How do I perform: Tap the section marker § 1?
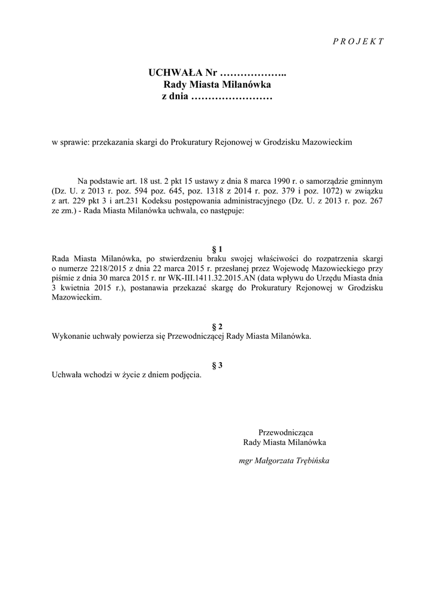[x=218, y=248]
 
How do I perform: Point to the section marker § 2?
[x=218, y=326]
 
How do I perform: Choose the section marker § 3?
[x=218, y=365]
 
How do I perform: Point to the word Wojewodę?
[x=292, y=268]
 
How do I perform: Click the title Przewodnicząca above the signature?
[x=286, y=432]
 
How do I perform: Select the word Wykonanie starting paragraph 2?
[x=71, y=336]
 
